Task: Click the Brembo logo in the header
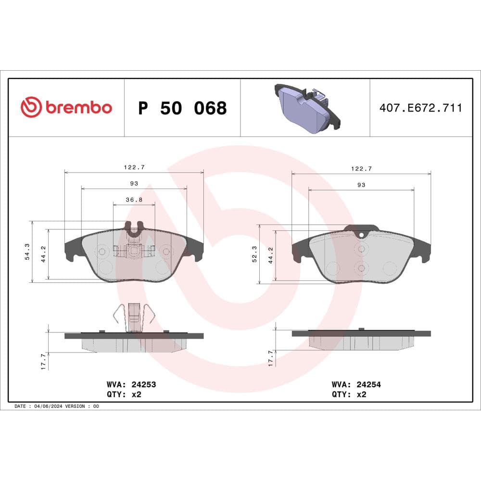point(66,107)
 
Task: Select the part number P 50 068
point(182,108)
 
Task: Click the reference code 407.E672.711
point(421,108)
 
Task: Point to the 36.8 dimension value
point(134,200)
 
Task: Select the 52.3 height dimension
point(254,253)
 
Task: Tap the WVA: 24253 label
point(131,384)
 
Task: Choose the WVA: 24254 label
point(356,384)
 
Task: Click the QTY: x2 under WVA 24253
point(124,394)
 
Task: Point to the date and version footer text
point(57,406)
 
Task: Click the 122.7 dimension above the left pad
point(134,167)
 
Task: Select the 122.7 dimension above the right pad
point(361,168)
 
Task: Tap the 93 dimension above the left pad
point(134,183)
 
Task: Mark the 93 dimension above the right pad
point(361,185)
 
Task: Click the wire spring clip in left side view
point(133,317)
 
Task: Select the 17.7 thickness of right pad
point(270,358)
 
